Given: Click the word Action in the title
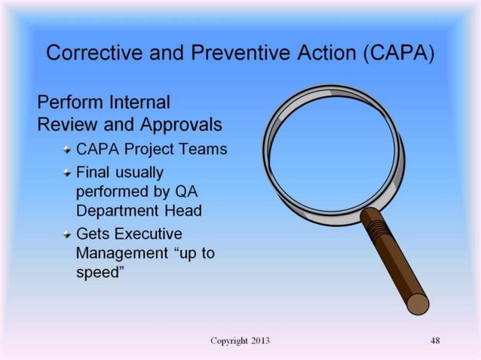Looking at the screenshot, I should pyautogui.click(x=312, y=54).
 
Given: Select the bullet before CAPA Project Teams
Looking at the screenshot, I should pyautogui.click(x=68, y=148).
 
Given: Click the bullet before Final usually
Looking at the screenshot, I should pyautogui.click(x=68, y=172).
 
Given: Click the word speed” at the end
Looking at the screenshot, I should pyautogui.click(x=100, y=273).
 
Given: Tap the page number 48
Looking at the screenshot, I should pyautogui.click(x=435, y=341).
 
